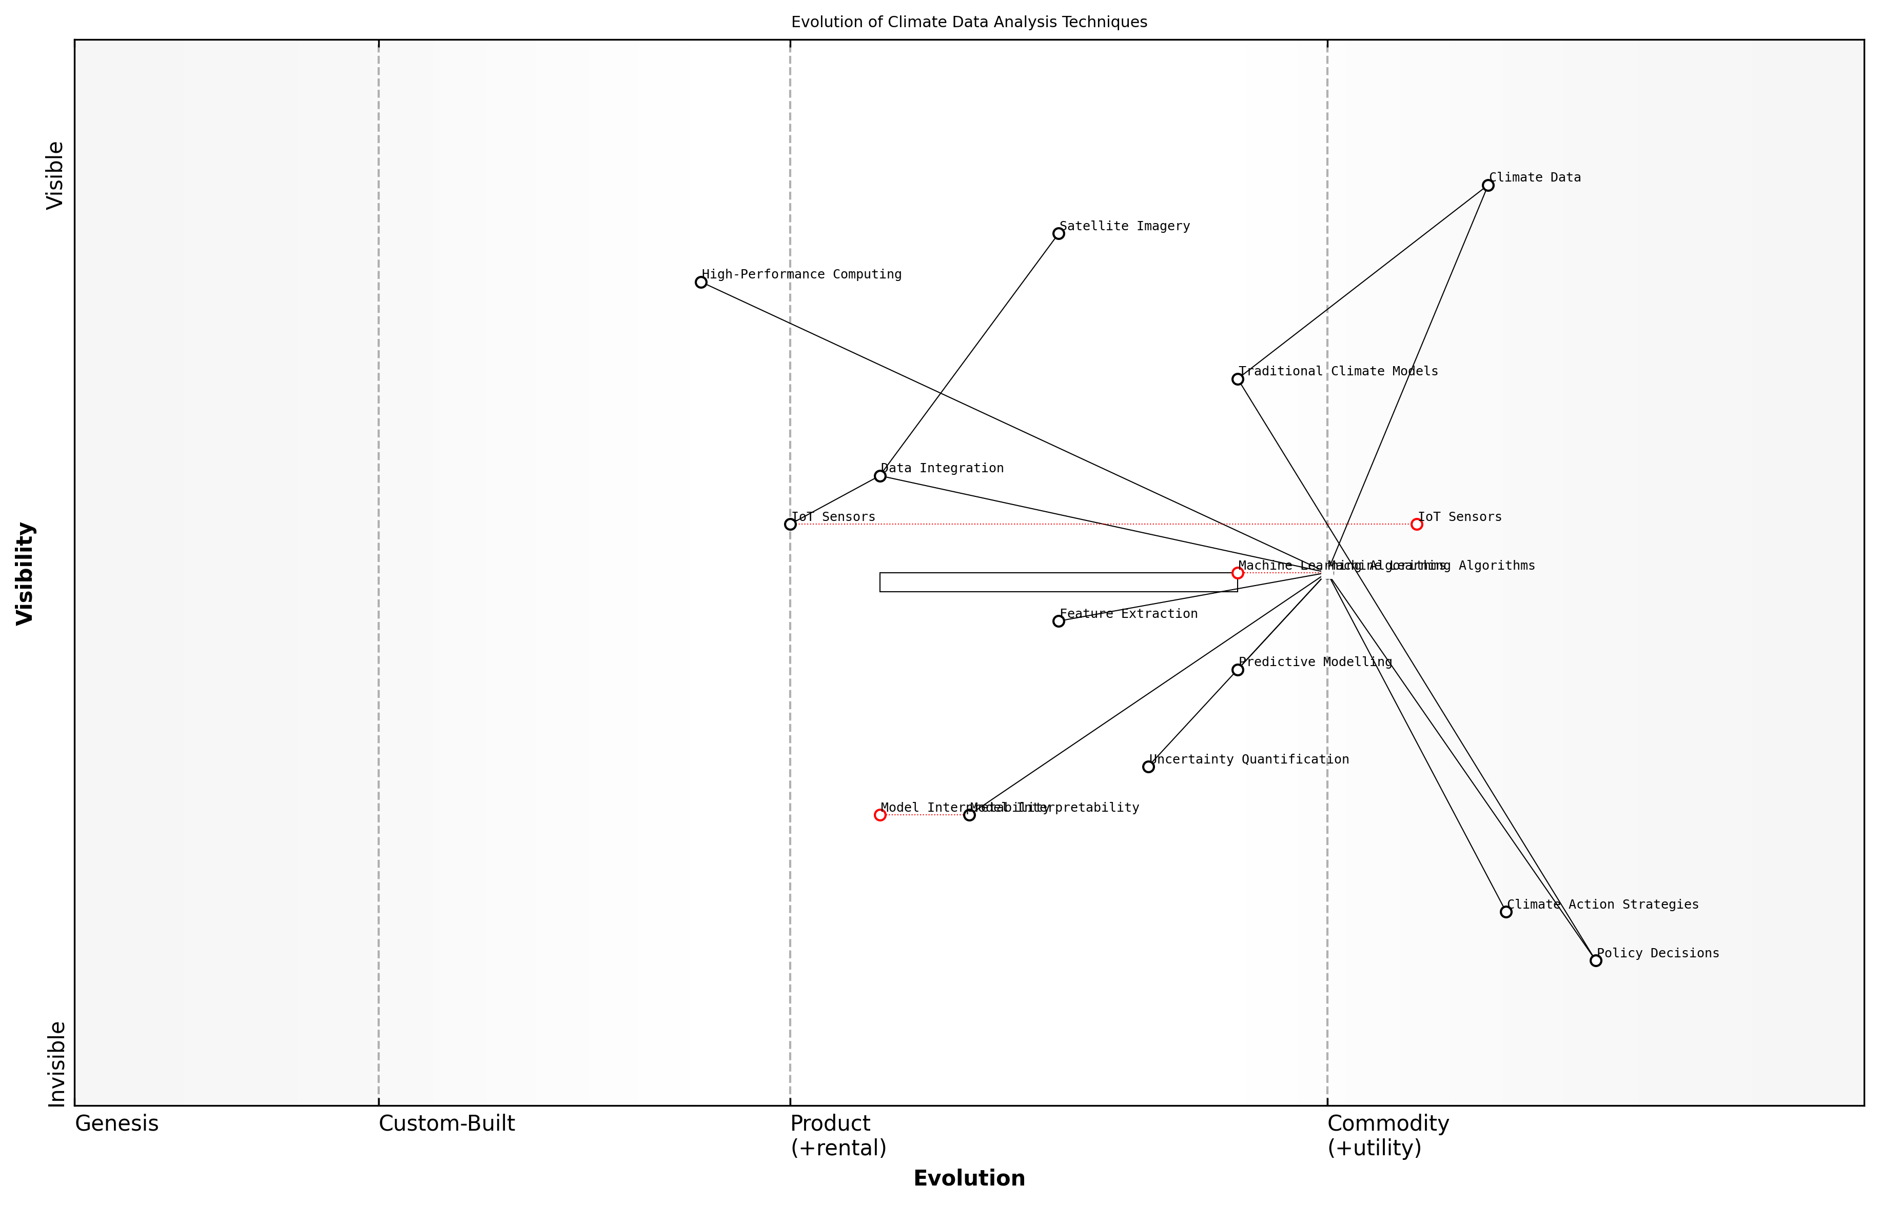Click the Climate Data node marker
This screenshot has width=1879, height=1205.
pos(1487,186)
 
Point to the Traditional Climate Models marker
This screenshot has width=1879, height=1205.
pos(1238,379)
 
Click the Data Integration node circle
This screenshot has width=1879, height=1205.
pos(880,476)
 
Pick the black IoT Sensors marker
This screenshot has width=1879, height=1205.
pos(790,524)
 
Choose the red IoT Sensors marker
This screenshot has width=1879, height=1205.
pos(1416,524)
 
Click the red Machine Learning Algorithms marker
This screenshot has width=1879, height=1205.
pos(1238,573)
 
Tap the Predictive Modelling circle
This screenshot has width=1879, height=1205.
pos(1238,670)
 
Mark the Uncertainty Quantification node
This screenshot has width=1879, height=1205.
pos(1148,767)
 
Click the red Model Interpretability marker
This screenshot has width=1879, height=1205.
pos(880,815)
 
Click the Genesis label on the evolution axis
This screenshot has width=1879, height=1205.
pos(116,1123)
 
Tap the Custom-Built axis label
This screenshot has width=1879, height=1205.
pos(446,1123)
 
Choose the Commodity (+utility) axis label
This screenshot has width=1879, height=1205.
pos(1387,1135)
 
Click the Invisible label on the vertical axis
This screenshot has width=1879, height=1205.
pos(56,1064)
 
